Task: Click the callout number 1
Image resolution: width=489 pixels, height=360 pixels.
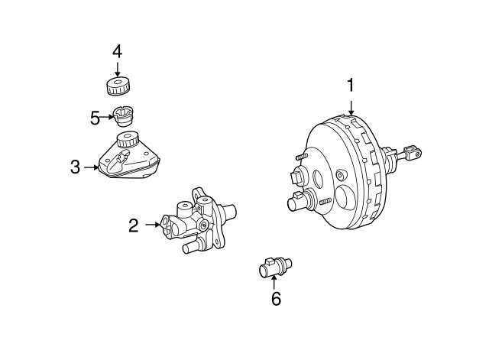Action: tap(351, 86)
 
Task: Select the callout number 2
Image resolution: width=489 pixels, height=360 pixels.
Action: tap(134, 225)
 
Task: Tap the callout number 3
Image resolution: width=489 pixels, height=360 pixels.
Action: tap(75, 167)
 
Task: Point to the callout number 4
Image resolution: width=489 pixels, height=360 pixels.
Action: tap(117, 51)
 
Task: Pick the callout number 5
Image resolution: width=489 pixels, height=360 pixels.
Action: tap(96, 118)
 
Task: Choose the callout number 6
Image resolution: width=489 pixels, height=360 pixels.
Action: tap(276, 299)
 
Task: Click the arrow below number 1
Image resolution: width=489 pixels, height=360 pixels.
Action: tap(351, 108)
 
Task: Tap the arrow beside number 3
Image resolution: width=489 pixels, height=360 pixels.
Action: tap(92, 167)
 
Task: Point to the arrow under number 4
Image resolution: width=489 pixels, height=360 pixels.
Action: tap(117, 69)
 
